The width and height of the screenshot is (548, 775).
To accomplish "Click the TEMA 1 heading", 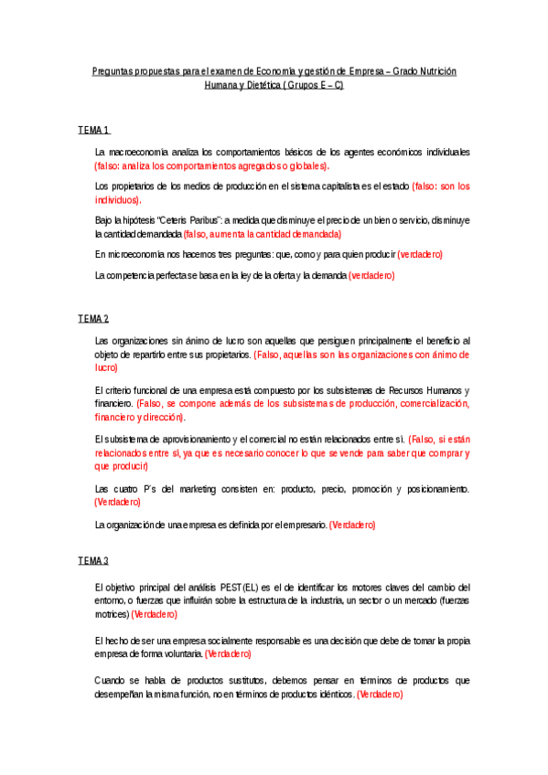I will (93, 131).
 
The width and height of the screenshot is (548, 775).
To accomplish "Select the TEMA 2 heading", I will (93, 318).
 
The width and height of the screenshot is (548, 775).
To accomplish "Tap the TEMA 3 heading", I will (93, 559).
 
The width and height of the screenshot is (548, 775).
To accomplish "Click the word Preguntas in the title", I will (114, 70).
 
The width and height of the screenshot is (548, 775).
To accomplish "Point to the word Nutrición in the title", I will (437, 70).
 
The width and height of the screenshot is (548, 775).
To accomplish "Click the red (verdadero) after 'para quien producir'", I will (419, 254).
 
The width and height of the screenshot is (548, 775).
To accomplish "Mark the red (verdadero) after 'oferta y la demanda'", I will (372, 275).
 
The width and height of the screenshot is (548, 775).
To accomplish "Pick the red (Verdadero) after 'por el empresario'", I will (352, 525).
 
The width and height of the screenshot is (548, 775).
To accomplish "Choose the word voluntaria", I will (179, 654).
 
